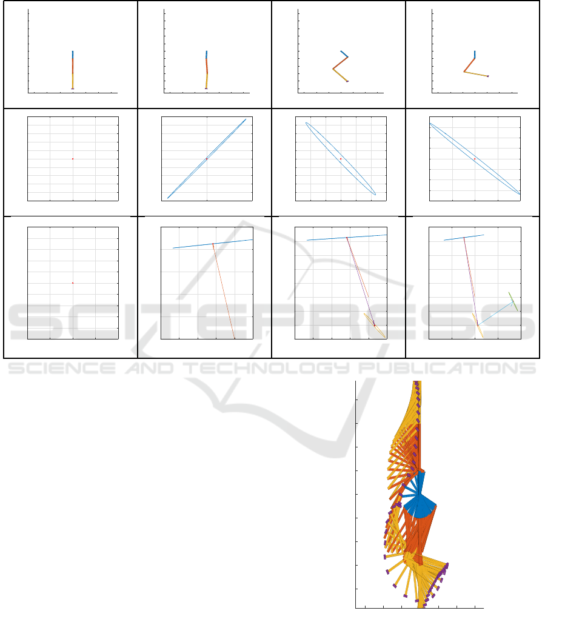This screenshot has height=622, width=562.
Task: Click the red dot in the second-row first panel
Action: (73, 159)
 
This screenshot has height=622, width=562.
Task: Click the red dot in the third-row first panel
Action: (73, 283)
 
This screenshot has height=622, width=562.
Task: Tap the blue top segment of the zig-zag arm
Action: (344, 54)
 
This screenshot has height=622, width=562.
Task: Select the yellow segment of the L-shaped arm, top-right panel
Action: (476, 74)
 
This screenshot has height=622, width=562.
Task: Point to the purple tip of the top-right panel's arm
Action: (488, 76)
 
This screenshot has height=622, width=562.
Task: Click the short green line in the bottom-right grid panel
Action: (513, 301)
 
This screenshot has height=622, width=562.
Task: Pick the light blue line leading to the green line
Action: (495, 314)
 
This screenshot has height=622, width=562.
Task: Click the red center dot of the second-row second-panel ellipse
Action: (207, 159)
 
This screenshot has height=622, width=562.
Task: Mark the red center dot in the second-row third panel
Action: (341, 159)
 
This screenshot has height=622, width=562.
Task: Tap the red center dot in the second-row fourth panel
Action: (475, 159)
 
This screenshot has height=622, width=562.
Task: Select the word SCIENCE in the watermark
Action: (62, 368)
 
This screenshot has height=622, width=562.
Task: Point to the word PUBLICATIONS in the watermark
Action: (447, 368)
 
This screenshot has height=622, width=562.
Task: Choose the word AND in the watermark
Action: (150, 368)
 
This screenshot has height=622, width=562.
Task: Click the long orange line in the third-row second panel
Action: (224, 291)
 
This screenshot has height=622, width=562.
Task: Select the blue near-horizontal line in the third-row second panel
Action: (213, 244)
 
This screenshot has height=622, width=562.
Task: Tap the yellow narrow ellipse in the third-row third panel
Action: (375, 326)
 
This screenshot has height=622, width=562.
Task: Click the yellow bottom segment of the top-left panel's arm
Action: (73, 81)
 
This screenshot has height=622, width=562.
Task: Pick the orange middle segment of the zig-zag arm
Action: (340, 63)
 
